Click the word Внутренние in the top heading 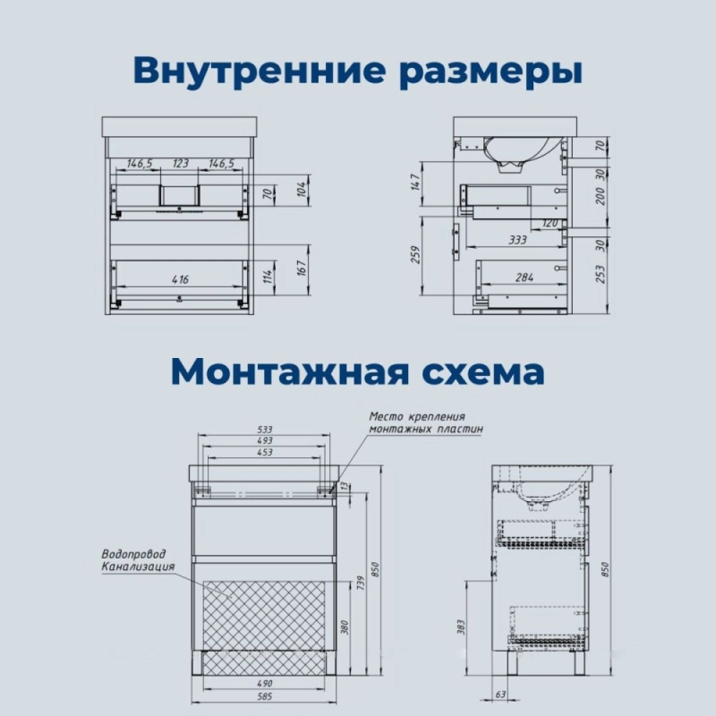pyautogui.click(x=260, y=70)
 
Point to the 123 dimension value pyautogui.click(x=181, y=163)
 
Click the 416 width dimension pyautogui.click(x=180, y=279)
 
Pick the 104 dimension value pyautogui.click(x=302, y=189)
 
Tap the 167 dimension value pyautogui.click(x=302, y=268)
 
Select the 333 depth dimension pyautogui.click(x=518, y=240)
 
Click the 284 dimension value pyautogui.click(x=524, y=277)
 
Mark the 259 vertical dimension pyautogui.click(x=415, y=254)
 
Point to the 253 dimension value pyautogui.click(x=601, y=274)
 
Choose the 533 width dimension pyautogui.click(x=264, y=430)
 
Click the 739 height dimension pyautogui.click(x=361, y=584)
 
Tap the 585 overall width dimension pyautogui.click(x=264, y=696)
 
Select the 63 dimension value pyautogui.click(x=501, y=695)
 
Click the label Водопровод pyautogui.click(x=133, y=554)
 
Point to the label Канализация pyautogui.click(x=138, y=567)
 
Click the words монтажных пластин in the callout pyautogui.click(x=426, y=429)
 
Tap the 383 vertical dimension pyautogui.click(x=460, y=627)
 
